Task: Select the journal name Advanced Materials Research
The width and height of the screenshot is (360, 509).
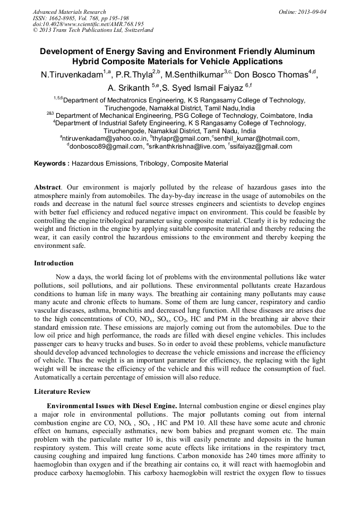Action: pos(69,12)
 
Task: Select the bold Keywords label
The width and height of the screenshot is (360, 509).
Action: pos(52,164)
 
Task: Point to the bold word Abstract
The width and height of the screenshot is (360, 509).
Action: pos(47,187)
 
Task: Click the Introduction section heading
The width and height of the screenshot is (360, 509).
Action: pos(54,263)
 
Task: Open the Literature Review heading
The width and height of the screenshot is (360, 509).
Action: pos(62,392)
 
